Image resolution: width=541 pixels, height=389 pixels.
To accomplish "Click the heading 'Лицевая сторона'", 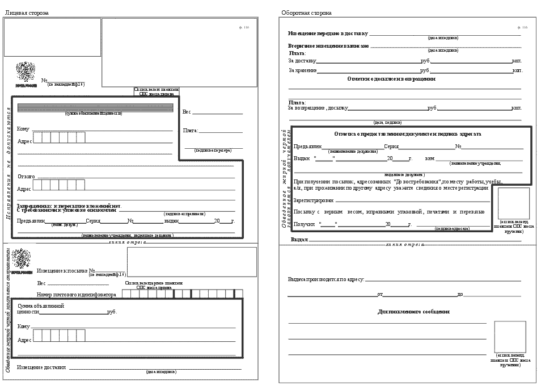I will click(x=27, y=12).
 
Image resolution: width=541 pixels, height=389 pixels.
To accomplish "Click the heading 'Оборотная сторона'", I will click(x=306, y=12).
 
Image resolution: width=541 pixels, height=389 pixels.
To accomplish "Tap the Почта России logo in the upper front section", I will click(x=25, y=74).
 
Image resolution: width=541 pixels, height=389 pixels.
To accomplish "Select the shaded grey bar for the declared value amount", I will click(x=93, y=107).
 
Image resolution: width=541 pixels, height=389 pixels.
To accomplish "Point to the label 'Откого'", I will click(x=26, y=176).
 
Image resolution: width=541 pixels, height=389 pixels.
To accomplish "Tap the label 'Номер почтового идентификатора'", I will click(x=77, y=295).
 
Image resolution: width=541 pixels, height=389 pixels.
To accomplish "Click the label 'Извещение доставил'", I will click(x=41, y=367).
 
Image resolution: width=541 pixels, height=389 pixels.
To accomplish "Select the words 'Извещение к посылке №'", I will click(x=65, y=271).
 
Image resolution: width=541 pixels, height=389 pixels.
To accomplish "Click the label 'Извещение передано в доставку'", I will click(x=328, y=33).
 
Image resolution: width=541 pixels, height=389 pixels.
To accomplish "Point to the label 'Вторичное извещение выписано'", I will click(x=328, y=45).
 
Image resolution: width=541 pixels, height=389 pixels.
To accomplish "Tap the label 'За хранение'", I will click(x=302, y=71).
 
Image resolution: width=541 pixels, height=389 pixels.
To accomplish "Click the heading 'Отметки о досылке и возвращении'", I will click(x=391, y=79).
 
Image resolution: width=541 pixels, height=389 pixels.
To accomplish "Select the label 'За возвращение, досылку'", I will click(x=318, y=107).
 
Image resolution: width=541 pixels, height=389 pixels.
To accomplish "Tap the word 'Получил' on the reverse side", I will click(x=302, y=224).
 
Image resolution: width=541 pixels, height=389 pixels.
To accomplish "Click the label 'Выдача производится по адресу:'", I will click(x=326, y=279).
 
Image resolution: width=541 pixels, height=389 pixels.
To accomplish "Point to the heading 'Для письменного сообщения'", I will click(x=413, y=312).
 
